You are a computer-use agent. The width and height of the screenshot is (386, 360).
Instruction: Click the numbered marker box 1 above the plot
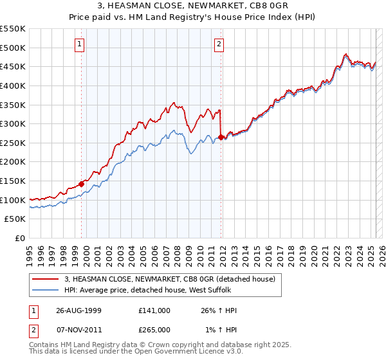point(79,44)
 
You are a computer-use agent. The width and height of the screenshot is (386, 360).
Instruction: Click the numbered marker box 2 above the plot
point(219,44)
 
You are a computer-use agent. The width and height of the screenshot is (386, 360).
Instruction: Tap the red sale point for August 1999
point(82,184)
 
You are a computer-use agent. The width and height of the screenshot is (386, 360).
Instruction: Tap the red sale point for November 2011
point(221,137)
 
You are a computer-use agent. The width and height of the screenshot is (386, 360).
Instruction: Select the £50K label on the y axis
point(15,219)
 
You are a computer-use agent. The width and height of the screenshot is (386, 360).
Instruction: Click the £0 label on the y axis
point(19,238)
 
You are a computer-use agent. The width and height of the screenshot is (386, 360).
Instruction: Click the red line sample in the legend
point(45,279)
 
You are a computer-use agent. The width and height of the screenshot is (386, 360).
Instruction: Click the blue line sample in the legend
point(45,290)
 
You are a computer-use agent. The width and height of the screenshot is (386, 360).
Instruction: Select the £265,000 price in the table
point(154,329)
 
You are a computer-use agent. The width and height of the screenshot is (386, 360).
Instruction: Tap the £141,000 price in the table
point(154,310)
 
